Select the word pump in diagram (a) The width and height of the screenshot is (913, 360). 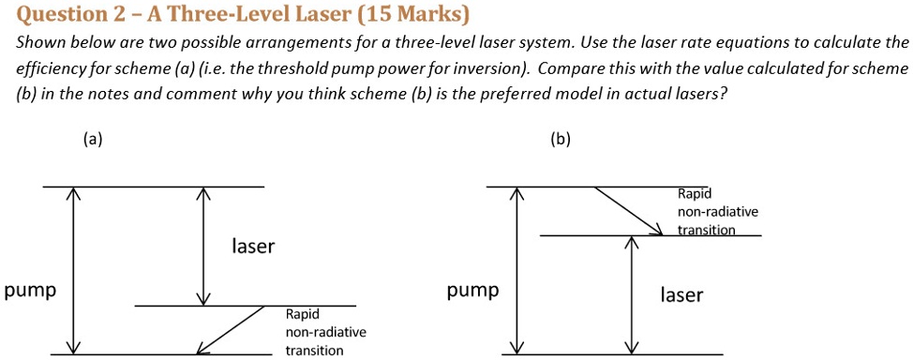click(x=30, y=291)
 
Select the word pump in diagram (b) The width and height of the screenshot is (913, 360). click(x=472, y=291)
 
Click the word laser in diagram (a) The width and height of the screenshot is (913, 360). click(x=253, y=247)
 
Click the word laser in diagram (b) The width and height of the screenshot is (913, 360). click(x=681, y=295)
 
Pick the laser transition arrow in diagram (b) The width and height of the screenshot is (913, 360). click(x=633, y=294)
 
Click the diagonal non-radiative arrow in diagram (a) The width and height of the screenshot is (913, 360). click(x=232, y=330)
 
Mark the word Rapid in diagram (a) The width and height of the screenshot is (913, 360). click(x=303, y=316)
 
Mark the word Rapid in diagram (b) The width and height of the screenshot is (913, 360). click(x=695, y=194)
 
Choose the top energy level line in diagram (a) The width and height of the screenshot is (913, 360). click(x=153, y=187)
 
